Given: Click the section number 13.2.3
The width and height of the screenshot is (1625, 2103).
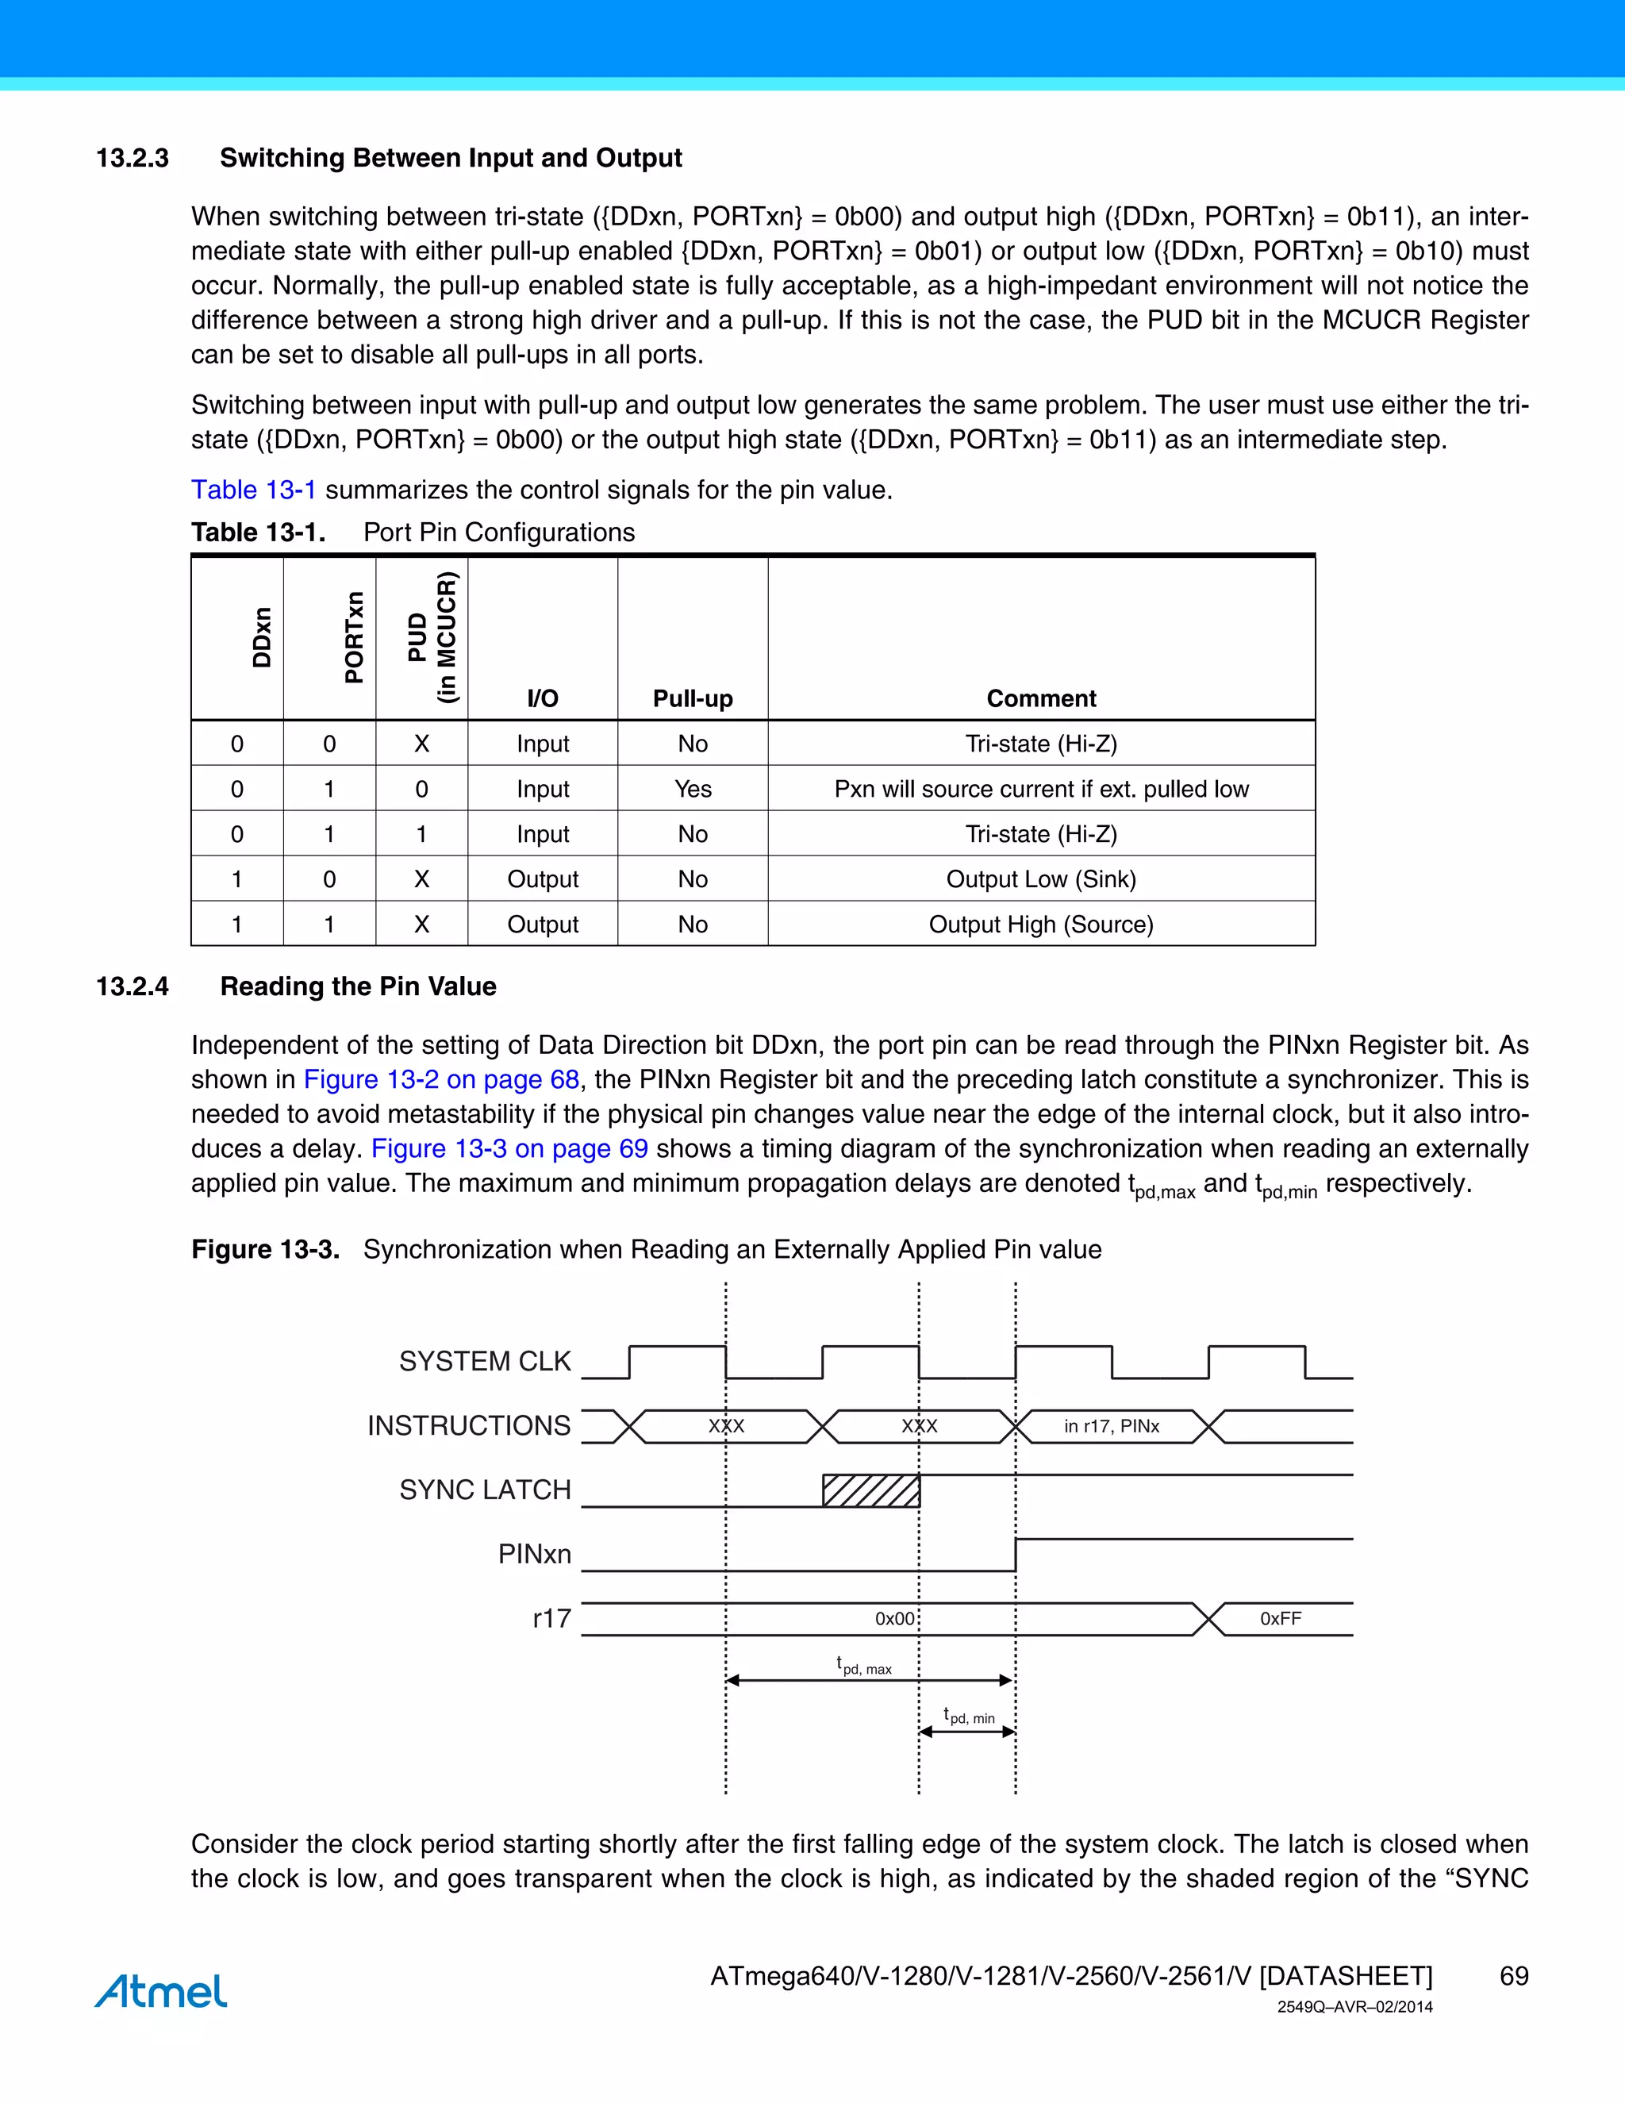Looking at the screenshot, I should click(132, 158).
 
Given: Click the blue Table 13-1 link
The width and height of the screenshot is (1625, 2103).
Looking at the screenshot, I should click(253, 490).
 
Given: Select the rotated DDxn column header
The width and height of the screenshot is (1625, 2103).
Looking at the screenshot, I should click(261, 637).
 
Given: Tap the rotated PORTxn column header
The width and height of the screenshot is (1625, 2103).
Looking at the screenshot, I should click(353, 637).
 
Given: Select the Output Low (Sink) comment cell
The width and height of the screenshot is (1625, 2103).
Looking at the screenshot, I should click(1041, 879).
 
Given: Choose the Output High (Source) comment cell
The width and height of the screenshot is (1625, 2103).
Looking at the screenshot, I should click(1041, 925).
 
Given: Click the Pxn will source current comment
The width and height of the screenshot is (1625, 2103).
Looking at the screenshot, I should click(1041, 789).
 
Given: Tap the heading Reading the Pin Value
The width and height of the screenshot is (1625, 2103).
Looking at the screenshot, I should click(358, 986).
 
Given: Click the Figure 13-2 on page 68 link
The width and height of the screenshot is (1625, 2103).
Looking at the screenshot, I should click(441, 1079).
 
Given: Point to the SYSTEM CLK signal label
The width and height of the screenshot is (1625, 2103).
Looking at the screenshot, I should click(484, 1362).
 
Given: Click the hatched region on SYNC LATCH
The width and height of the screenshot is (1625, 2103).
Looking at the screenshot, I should click(870, 1490).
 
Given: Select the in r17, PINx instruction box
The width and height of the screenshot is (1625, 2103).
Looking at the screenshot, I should click(1111, 1426).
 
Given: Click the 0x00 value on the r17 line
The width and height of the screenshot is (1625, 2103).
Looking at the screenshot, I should click(894, 1619).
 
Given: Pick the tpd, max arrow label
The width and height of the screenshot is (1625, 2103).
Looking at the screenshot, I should click(865, 1665).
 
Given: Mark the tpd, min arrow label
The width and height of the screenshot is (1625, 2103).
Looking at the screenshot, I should click(969, 1716).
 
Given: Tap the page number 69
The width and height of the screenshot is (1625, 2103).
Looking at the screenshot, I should click(1513, 1976).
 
